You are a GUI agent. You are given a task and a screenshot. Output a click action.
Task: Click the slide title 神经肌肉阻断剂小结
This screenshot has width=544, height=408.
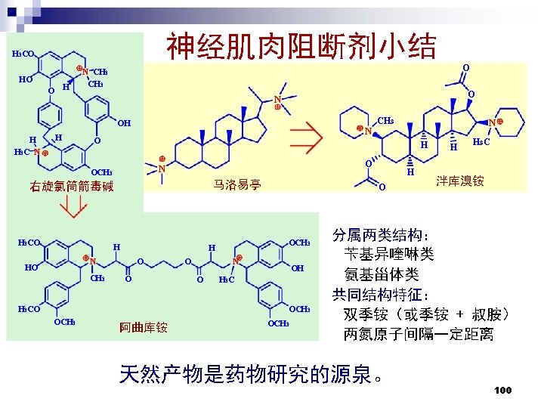click(301, 46)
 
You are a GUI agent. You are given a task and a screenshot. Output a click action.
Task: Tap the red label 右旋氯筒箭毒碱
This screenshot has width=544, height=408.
click(73, 187)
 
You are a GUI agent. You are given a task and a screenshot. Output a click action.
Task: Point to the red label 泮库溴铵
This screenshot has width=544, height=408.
click(459, 181)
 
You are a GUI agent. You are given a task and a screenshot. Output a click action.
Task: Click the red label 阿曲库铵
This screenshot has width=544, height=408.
click(144, 327)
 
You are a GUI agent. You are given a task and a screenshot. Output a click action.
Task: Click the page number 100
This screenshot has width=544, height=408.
click(502, 390)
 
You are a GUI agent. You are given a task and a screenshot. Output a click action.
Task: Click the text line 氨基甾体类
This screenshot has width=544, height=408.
click(381, 274)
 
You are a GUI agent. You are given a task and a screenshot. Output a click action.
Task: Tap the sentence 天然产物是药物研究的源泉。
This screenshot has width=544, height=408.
click(254, 374)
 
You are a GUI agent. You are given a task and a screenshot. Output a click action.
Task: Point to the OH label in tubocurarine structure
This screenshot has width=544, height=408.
click(124, 123)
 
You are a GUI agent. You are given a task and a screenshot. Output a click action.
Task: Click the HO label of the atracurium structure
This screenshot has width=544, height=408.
click(31, 267)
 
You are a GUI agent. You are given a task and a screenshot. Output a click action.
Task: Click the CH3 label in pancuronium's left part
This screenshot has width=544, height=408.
click(385, 121)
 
